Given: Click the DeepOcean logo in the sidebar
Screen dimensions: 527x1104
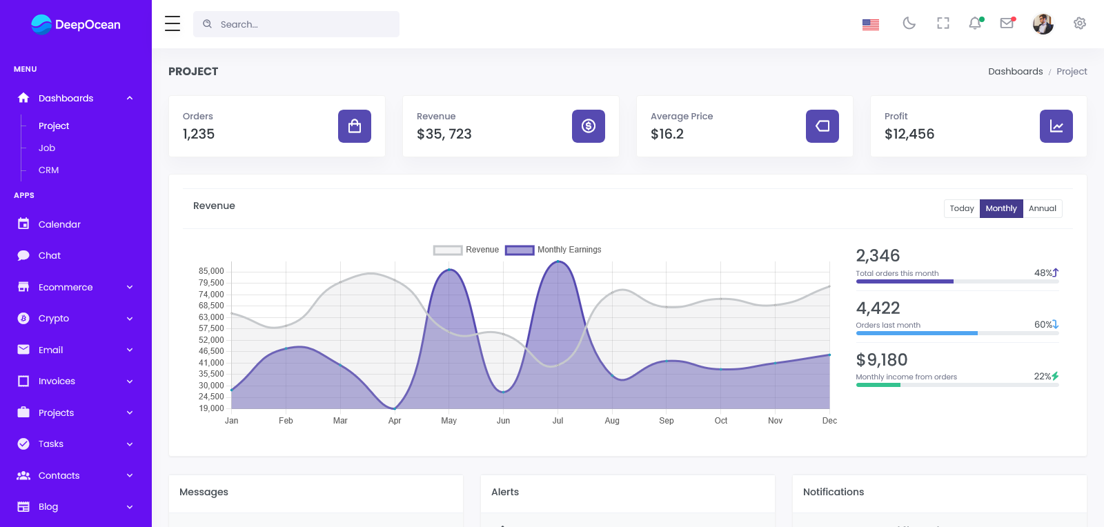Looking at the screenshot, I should [x=76, y=25].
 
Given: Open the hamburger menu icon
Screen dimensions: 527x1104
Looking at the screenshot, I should [x=172, y=24].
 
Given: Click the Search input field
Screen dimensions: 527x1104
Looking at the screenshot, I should [x=304, y=24].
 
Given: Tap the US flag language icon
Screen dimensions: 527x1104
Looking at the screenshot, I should [x=871, y=24].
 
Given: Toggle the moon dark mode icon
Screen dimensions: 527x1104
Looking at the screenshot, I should [x=909, y=23].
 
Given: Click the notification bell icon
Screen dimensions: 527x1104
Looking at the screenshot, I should [x=975, y=23].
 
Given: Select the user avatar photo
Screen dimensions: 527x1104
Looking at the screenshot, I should [x=1043, y=24].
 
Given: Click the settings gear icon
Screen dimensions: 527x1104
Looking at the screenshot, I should [x=1080, y=23].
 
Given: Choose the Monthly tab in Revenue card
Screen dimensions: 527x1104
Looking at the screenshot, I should [x=1000, y=208].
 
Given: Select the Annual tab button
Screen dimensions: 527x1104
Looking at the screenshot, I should [x=1042, y=208].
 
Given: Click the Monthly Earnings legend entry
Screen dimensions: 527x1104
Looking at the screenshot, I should [x=553, y=250].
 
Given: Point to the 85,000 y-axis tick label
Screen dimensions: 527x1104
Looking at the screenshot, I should [x=211, y=271].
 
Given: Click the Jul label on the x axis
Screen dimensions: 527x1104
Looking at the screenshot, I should [x=558, y=421].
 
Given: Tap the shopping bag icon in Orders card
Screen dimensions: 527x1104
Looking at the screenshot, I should [x=355, y=126].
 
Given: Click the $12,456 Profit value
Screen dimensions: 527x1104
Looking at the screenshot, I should [x=909, y=134].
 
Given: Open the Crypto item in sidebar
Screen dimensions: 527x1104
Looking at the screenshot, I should [x=54, y=319].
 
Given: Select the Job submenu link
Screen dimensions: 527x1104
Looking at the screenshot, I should [x=47, y=148].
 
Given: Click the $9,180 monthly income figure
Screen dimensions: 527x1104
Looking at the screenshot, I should [x=882, y=360].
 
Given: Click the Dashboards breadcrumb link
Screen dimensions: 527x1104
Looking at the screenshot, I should [x=1015, y=72].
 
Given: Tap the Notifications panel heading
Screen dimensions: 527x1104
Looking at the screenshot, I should [x=834, y=492].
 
